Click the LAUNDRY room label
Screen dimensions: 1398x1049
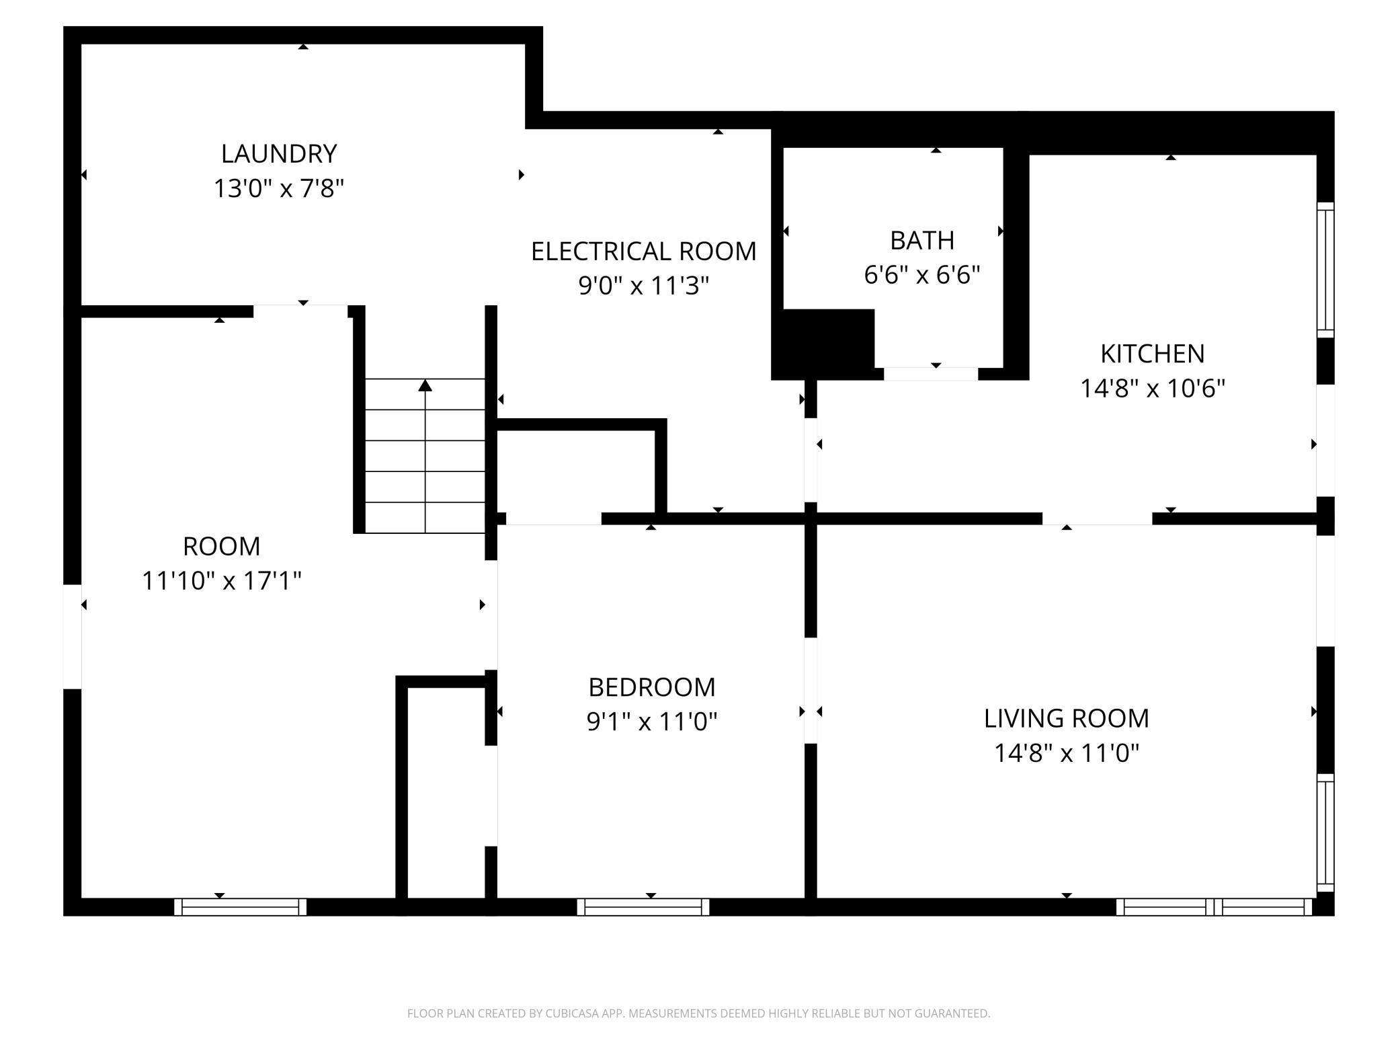(x=279, y=153)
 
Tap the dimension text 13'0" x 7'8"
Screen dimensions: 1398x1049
(x=279, y=188)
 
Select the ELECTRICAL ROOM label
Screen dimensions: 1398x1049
(x=644, y=251)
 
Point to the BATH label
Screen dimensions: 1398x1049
(x=922, y=240)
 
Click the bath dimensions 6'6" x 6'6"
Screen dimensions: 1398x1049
(x=922, y=275)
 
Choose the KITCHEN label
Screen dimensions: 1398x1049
(x=1153, y=354)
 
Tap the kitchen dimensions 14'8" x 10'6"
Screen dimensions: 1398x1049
(x=1153, y=389)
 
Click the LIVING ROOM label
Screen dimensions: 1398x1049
(x=1067, y=718)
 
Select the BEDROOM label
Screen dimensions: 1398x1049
(x=652, y=687)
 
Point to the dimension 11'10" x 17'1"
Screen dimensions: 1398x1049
(x=222, y=580)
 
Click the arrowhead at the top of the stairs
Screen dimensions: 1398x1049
(x=425, y=385)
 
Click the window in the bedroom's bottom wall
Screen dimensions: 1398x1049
(x=643, y=906)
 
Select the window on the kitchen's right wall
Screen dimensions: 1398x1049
(x=1325, y=270)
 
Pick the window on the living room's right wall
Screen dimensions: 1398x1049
(x=1325, y=832)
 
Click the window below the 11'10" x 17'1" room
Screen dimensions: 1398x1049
(x=241, y=906)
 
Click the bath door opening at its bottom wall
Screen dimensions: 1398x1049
(x=931, y=374)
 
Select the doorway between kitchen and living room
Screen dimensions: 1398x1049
(x=1097, y=518)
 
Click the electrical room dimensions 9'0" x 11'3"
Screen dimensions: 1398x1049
(x=644, y=286)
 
